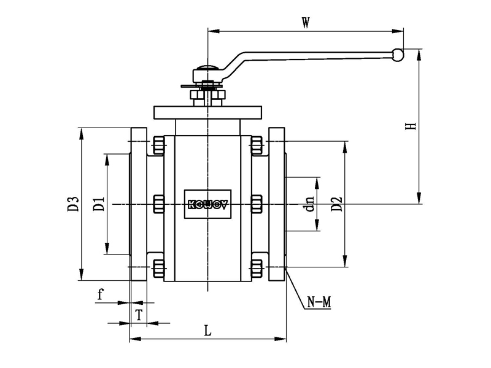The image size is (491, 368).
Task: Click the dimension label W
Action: [x=305, y=23]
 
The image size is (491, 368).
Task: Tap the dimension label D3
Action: [x=73, y=204]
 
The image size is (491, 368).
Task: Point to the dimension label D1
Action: [x=98, y=204]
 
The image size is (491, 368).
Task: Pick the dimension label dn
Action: [x=310, y=204]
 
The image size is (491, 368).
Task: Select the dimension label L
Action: [x=207, y=331]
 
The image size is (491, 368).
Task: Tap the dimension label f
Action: [x=101, y=295]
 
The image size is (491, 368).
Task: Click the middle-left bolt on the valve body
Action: [x=158, y=204]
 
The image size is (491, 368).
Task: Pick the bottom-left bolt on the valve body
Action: [x=158, y=267]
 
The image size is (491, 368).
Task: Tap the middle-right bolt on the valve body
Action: [x=257, y=204]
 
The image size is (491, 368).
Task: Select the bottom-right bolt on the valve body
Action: [x=257, y=267]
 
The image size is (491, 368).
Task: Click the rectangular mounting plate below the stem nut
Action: [x=207, y=113]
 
